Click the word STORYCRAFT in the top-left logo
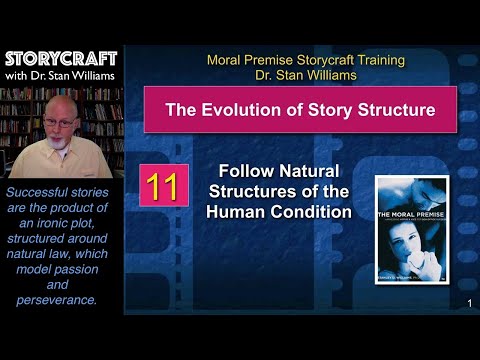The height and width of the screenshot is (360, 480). click(61, 58)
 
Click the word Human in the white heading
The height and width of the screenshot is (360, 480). click(239, 211)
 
